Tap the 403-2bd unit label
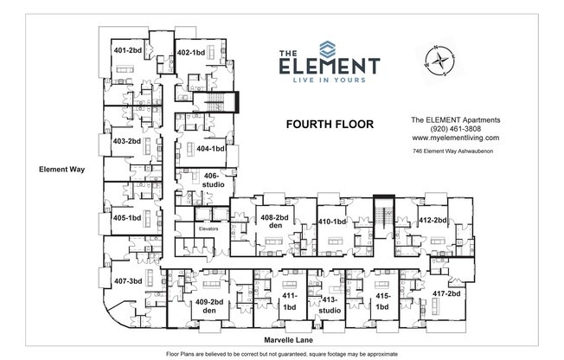coord(126,141)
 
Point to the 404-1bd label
coord(211,149)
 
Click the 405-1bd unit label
coord(126,218)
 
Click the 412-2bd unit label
coord(432,222)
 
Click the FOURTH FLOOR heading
coord(330,125)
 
